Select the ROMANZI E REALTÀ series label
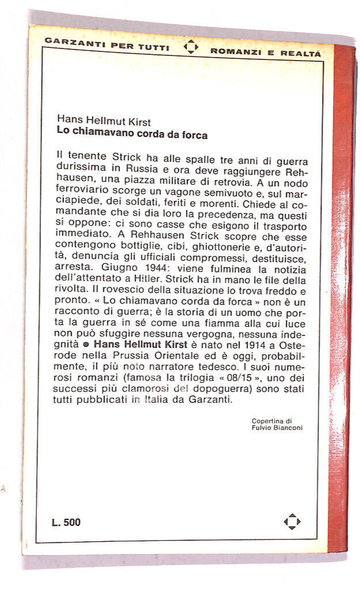point(265,53)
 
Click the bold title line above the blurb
point(132,134)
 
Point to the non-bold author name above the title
point(104,123)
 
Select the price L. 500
point(66,522)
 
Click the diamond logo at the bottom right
point(292,522)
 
